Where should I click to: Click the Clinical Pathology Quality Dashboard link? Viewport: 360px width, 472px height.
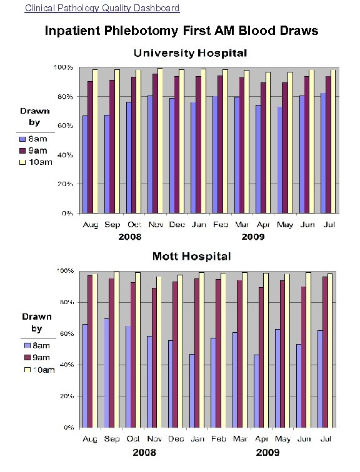click(x=102, y=8)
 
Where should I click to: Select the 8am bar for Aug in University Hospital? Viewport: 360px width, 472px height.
click(x=84, y=164)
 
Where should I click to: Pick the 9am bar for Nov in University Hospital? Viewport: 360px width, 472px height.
click(x=155, y=143)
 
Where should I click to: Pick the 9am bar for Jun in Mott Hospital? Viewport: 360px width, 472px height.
click(x=304, y=357)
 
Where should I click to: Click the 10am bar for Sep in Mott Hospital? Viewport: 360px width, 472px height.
click(x=116, y=350)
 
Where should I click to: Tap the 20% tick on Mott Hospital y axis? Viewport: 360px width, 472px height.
click(x=66, y=396)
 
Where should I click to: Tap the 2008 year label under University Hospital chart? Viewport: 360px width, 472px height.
click(x=130, y=237)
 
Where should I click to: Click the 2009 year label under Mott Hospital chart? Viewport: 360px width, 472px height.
click(x=268, y=452)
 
